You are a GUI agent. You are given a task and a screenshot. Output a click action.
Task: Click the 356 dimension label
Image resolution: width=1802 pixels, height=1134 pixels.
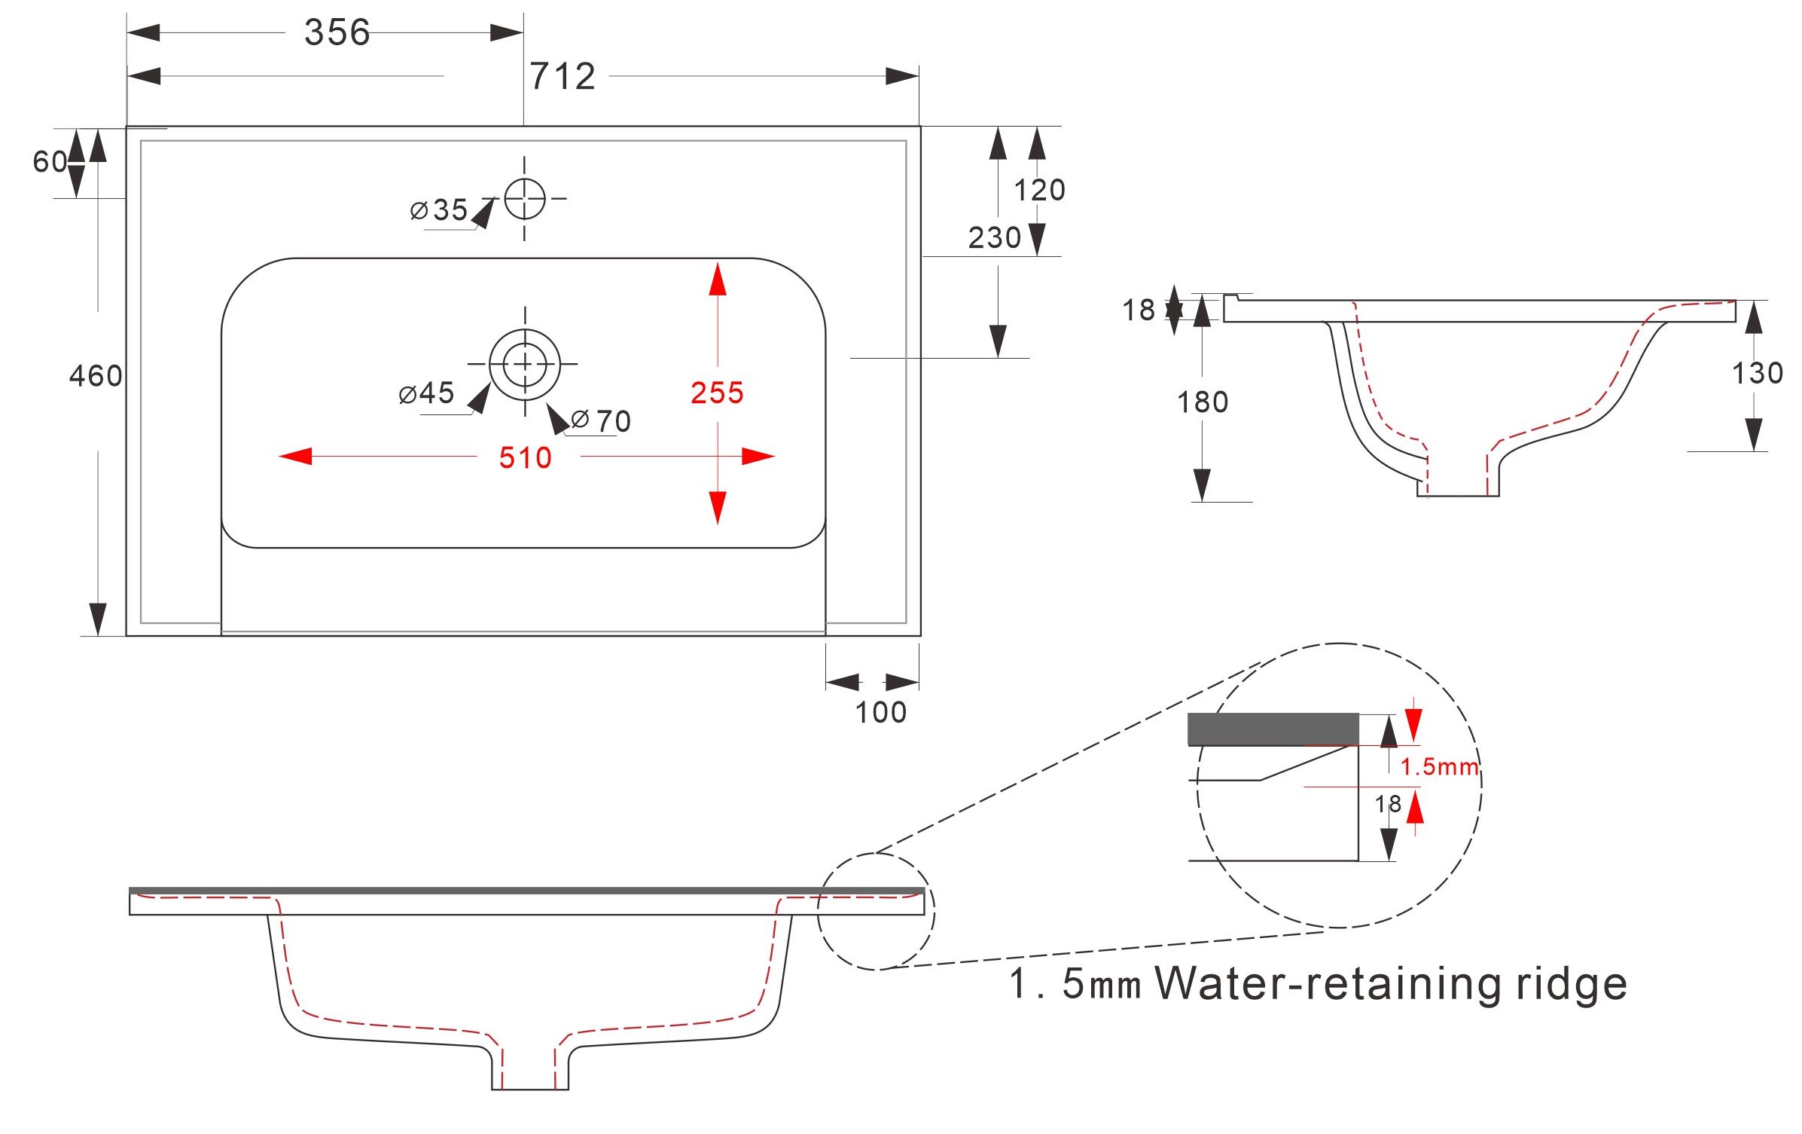coord(337,32)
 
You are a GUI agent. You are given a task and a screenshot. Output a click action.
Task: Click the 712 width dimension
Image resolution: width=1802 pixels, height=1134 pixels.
coord(563,76)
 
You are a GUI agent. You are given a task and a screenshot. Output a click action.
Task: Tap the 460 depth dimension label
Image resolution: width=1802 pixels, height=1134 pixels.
coord(96,375)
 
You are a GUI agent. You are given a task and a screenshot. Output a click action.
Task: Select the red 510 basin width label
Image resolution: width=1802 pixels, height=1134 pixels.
coord(525,457)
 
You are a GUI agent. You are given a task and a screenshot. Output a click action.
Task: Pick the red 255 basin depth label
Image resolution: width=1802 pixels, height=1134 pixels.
coord(717,393)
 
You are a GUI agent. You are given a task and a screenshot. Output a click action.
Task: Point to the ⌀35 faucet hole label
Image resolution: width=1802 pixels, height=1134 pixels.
coord(440,209)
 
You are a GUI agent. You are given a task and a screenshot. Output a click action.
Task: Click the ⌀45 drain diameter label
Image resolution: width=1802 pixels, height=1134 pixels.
coord(427,393)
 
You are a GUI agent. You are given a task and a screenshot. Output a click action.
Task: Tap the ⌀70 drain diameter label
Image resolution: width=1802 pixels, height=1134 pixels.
coord(602,420)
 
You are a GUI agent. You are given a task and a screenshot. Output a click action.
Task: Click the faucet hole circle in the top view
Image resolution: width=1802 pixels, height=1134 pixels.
coord(525,199)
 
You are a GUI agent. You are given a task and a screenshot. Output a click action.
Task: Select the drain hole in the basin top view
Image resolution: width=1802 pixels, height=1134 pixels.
coord(525,364)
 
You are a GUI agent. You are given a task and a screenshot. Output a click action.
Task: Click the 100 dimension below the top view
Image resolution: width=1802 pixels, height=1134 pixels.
coord(880,712)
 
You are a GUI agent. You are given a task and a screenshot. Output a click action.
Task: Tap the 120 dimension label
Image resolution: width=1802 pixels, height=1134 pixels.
coord(1039,190)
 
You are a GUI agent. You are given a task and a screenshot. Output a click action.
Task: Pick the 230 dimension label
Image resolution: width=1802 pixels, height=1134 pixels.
coord(994,237)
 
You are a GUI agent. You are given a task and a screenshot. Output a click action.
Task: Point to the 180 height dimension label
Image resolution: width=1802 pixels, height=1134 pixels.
coord(1203,402)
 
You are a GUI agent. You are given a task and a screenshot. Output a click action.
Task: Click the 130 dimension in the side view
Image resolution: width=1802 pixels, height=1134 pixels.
coord(1757,373)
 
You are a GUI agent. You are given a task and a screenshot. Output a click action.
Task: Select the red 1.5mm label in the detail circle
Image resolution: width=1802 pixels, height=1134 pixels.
coord(1439,767)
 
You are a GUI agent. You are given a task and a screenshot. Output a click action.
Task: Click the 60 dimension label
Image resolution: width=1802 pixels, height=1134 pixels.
coord(50,161)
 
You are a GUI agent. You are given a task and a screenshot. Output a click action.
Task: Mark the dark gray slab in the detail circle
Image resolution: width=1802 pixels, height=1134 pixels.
coord(1273,729)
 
